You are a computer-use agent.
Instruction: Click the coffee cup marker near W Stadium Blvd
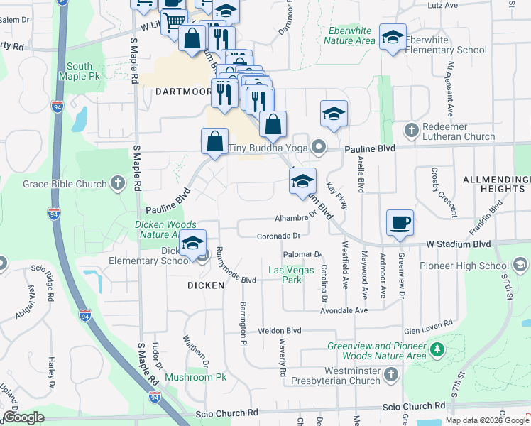400,222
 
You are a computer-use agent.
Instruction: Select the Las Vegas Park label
285,275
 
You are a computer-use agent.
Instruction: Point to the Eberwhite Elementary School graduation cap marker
392,38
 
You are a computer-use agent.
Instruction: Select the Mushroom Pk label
195,377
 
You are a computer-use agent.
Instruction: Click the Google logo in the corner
23,417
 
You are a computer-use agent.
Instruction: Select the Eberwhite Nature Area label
349,36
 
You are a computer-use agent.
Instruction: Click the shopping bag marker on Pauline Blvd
214,141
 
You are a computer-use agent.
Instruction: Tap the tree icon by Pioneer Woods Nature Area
437,349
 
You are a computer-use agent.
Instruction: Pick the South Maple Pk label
76,71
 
